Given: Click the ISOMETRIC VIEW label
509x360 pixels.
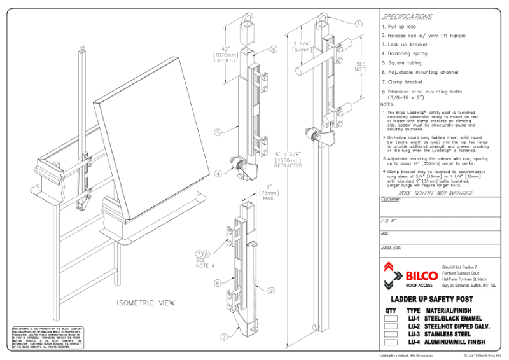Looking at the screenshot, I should click(146, 303).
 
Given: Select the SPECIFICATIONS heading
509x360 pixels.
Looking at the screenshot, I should click(407, 17).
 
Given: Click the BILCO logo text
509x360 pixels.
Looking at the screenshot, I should click(421, 275).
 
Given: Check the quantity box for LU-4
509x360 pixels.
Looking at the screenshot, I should click(391, 342).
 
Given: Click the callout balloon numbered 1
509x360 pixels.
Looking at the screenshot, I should click(358, 24).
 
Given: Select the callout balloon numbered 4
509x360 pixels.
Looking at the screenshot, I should click(218, 173).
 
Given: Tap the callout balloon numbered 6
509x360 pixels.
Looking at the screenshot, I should click(217, 283).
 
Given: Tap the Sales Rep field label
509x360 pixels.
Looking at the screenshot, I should click(391, 246).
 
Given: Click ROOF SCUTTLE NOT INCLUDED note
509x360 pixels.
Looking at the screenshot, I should click(436, 193).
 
